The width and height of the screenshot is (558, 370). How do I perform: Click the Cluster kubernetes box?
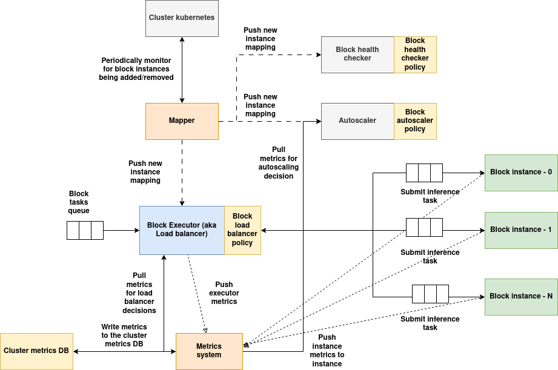pyautogui.click(x=182, y=18)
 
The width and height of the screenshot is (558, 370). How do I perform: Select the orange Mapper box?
pyautogui.click(x=182, y=121)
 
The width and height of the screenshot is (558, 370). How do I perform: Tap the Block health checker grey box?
pyautogui.click(x=357, y=55)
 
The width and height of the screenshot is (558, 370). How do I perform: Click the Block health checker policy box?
pyautogui.click(x=415, y=55)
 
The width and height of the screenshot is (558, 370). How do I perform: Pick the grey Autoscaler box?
pyautogui.click(x=357, y=121)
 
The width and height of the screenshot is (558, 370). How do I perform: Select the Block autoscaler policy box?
pyautogui.click(x=415, y=121)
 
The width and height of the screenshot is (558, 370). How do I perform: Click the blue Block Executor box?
pyautogui.click(x=182, y=230)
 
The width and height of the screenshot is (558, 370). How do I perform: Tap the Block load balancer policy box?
pyautogui.click(x=242, y=230)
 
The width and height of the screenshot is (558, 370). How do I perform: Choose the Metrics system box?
pyautogui.click(x=209, y=351)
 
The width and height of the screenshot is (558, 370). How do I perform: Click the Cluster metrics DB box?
pyautogui.click(x=36, y=351)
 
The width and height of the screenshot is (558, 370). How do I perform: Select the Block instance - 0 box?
pyautogui.click(x=521, y=173)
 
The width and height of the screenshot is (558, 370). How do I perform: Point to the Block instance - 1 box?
pyautogui.click(x=521, y=230)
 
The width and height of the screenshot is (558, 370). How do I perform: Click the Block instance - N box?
pyautogui.click(x=521, y=297)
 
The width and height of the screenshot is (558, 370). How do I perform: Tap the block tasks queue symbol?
pyautogui.click(x=85, y=230)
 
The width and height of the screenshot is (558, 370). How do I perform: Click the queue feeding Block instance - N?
pyautogui.click(x=430, y=294)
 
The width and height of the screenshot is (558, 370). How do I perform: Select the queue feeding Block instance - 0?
pyautogui.click(x=424, y=173)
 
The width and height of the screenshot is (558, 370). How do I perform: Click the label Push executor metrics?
pyautogui.click(x=224, y=293)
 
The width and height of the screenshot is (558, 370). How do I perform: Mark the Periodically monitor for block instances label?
pyautogui.click(x=136, y=69)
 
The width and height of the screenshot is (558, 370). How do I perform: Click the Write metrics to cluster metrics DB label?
pyautogui.click(x=124, y=335)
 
